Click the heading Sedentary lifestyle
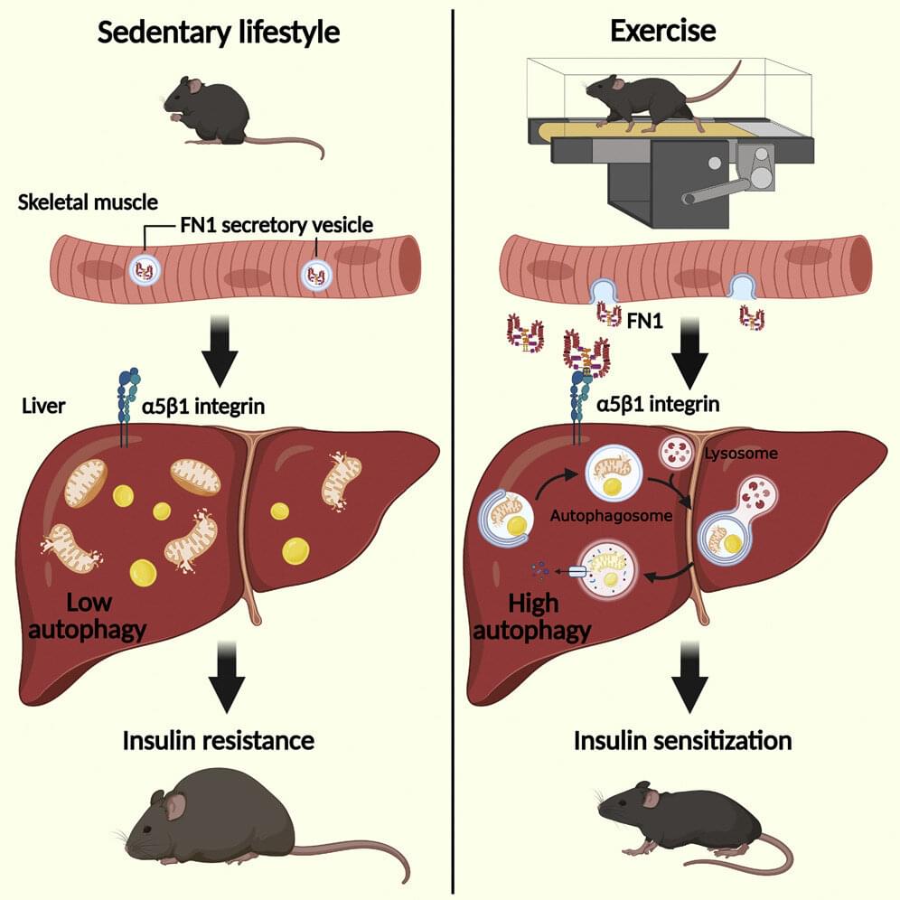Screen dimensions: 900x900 (219, 33)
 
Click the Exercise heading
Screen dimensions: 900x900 (663, 32)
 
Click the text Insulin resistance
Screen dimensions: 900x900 (219, 741)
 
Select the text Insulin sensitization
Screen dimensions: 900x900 (682, 741)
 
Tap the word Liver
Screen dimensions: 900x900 (42, 406)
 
